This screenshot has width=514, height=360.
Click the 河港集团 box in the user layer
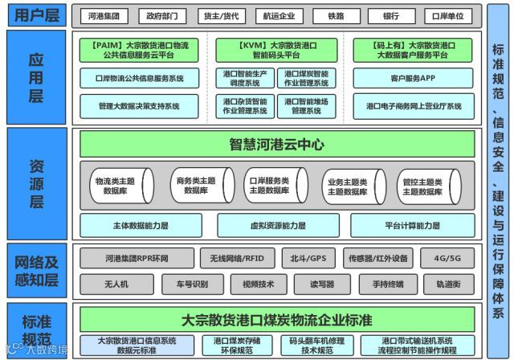pos(104,15)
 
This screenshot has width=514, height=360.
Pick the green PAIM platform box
pos(141,51)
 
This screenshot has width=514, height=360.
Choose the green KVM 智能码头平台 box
pos(275,51)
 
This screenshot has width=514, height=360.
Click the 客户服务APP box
pos(413,79)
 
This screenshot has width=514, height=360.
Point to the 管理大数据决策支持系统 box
pos(141,105)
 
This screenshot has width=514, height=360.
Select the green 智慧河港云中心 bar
pos(277,145)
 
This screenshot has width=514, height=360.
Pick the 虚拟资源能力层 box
pos(278,226)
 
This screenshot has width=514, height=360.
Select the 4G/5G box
pos(447,259)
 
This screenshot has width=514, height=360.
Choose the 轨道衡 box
pos(447,284)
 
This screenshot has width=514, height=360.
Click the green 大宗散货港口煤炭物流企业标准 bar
pos(277,320)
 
